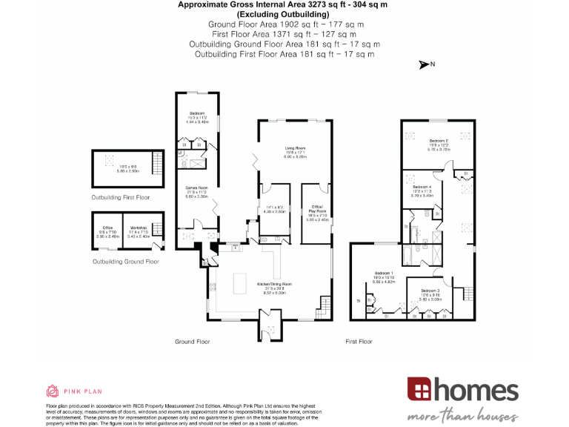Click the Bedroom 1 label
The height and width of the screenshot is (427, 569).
point(385,273)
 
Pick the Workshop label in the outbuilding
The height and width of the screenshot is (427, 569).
point(139,228)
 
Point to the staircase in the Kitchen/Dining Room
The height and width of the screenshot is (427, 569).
point(324,304)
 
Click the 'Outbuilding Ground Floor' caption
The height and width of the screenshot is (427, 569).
point(125,262)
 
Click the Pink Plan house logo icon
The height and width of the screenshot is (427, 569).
point(53,391)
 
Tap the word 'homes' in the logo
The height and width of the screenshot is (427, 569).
point(475,390)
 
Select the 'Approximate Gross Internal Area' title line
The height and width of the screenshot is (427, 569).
point(284,4)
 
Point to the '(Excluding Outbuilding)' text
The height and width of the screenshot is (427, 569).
point(284,14)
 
